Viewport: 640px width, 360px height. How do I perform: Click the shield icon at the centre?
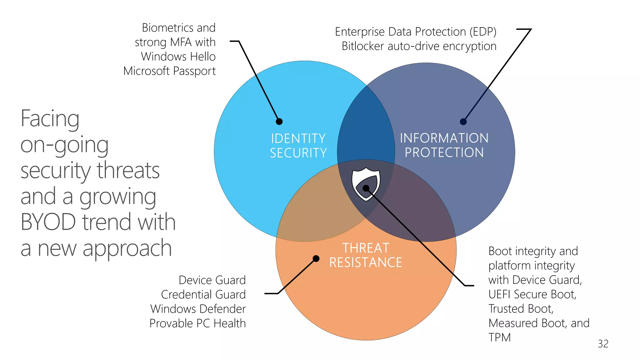tap(366, 185)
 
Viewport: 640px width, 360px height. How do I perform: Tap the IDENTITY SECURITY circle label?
tap(298, 146)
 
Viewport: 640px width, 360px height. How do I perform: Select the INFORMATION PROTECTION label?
tap(444, 145)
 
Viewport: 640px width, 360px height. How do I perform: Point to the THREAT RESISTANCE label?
tap(366, 255)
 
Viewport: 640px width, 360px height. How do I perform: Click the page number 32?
tap(603, 343)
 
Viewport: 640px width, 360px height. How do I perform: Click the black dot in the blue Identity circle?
tap(279, 122)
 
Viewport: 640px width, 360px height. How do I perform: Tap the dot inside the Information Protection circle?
tap(463, 122)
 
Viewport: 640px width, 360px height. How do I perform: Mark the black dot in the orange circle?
tap(316, 258)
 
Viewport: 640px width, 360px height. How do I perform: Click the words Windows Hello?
tap(178, 57)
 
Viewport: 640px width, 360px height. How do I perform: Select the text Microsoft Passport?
tap(169, 71)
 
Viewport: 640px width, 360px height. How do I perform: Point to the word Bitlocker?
tap(363, 46)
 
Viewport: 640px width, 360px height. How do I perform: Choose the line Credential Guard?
tap(203, 294)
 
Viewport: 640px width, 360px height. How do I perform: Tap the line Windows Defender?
tap(198, 309)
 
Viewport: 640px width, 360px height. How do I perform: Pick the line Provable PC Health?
tap(197, 323)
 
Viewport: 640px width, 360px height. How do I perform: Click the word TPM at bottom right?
tap(499, 337)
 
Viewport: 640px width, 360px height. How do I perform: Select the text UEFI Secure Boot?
tap(532, 294)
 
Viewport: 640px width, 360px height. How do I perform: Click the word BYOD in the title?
tap(48, 222)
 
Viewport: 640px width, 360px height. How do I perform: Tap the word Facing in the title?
tap(50, 119)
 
